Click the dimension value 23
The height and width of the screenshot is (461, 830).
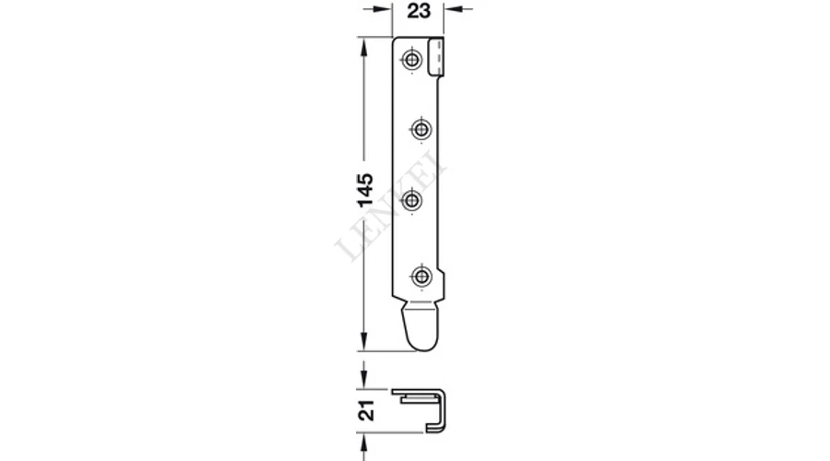[419, 10]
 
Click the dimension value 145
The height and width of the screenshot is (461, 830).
[364, 190]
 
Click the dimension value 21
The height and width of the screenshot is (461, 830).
[366, 410]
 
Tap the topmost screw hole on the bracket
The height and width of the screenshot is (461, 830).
[412, 59]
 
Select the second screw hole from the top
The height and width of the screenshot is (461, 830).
[421, 129]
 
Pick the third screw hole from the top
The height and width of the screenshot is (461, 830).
[412, 201]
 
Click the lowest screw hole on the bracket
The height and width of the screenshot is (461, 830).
[421, 276]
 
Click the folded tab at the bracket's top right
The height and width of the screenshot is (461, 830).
[435, 55]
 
